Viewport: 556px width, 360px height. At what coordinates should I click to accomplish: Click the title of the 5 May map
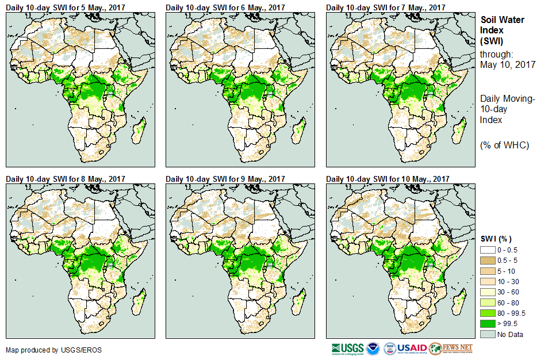pyautogui.click(x=66, y=7)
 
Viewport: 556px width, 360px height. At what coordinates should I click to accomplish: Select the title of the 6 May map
pyautogui.click(x=225, y=7)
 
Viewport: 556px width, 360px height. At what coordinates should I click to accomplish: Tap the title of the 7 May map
pyautogui.click(x=386, y=7)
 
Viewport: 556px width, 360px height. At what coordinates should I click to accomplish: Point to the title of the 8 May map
pyautogui.click(x=66, y=179)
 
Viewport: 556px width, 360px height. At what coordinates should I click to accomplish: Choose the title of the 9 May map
pyautogui.click(x=225, y=179)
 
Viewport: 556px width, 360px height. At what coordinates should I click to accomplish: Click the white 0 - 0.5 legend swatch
pyautogui.click(x=488, y=250)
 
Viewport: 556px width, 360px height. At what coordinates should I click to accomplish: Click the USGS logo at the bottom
pyautogui.click(x=347, y=348)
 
